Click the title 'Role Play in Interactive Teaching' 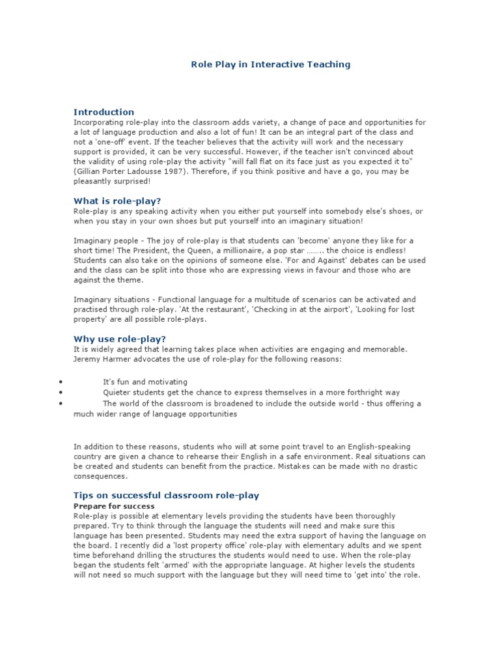coord(270,64)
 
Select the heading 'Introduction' coord(104,112)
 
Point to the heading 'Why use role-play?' coord(120,339)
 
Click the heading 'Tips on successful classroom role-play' coord(166,496)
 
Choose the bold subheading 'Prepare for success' coord(114,506)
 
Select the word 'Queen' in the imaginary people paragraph coord(181,251)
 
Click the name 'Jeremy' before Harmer coord(87,359)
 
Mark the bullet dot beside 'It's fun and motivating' coord(61,382)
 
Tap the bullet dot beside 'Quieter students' coord(61,393)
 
